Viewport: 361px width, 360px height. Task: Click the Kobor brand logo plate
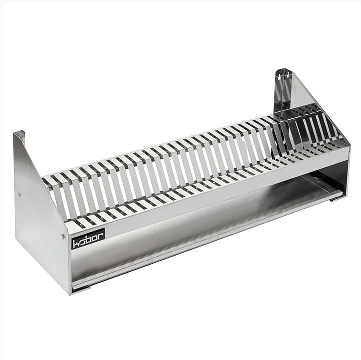[88, 239]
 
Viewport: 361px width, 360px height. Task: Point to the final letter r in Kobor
[100, 236]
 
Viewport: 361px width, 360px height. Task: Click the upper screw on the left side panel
[19, 194]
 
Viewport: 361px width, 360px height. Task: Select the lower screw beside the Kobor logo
[62, 236]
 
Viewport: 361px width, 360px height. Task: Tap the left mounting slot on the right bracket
[279, 76]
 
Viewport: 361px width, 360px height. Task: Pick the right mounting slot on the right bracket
[288, 74]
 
